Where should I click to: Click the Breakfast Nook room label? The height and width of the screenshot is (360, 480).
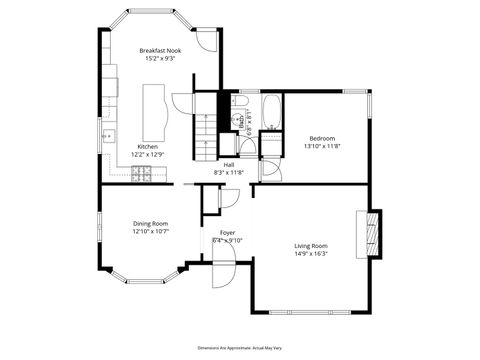159,50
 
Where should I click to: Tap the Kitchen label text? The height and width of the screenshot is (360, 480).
147,145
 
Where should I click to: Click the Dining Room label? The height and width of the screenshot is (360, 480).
151,223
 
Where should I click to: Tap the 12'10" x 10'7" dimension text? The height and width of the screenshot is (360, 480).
151,232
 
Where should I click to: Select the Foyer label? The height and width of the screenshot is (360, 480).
228,232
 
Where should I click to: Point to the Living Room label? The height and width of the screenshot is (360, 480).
311,245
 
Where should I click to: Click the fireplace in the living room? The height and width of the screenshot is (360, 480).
374,234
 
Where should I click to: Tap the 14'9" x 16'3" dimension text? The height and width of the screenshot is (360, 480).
311,254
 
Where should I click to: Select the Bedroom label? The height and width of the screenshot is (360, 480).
322,138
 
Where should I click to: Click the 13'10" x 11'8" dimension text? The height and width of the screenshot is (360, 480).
322,147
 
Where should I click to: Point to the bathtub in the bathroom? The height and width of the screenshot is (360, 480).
270,111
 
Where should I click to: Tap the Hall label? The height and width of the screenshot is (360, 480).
229,164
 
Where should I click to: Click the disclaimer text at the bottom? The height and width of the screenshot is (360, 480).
240,346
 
